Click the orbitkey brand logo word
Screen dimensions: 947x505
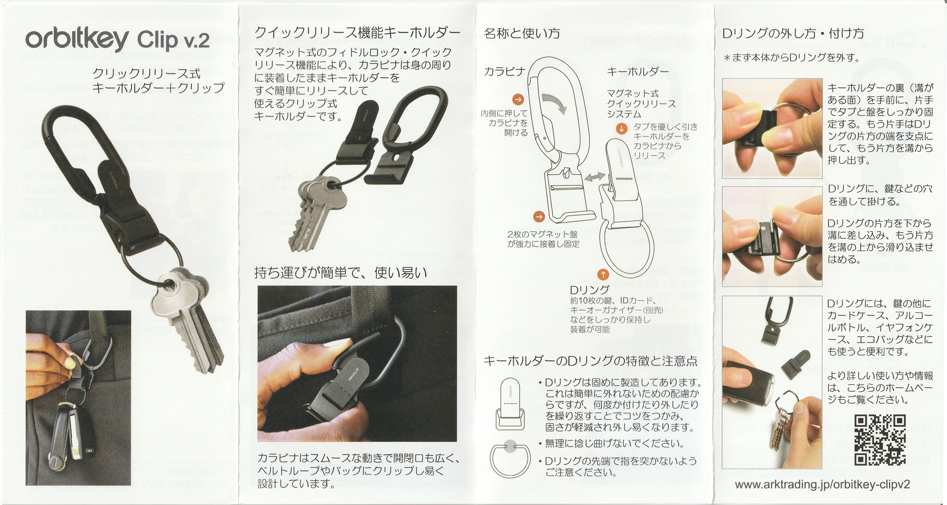(77, 39)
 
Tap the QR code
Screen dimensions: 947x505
(880, 440)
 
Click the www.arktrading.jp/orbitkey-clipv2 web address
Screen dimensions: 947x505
(822, 485)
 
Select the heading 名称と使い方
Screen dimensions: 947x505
(522, 34)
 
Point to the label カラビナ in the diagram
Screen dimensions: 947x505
(504, 72)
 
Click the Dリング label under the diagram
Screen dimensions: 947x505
(589, 290)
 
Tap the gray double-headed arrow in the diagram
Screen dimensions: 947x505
(595, 177)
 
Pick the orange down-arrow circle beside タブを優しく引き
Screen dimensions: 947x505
(622, 128)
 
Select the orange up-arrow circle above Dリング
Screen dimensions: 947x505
(603, 274)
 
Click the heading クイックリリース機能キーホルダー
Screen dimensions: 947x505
(357, 33)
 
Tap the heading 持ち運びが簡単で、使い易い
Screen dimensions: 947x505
(340, 272)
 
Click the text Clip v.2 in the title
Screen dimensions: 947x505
(173, 41)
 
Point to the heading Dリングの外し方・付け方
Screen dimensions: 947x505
(793, 34)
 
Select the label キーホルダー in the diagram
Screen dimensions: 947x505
(638, 72)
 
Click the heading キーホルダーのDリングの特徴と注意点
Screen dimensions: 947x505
(590, 361)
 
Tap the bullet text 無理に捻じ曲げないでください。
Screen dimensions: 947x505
(614, 443)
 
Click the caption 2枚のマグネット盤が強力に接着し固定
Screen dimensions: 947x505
(543, 239)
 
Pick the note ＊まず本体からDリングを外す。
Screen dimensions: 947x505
(791, 58)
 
